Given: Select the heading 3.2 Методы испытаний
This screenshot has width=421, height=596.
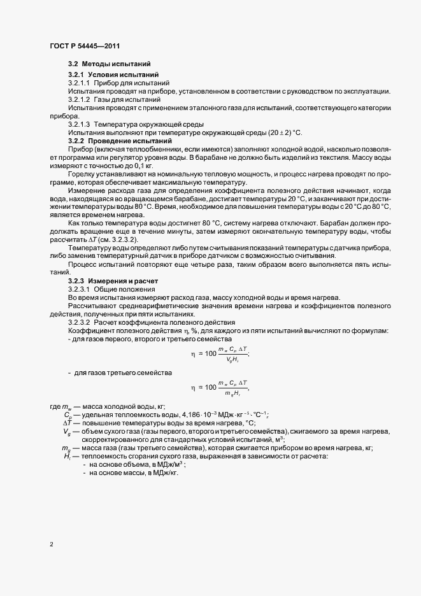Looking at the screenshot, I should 109,64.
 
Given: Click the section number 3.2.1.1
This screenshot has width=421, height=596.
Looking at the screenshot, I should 80,83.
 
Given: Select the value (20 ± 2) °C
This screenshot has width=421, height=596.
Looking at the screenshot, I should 275,132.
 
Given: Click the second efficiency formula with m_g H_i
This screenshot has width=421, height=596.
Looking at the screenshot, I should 220,387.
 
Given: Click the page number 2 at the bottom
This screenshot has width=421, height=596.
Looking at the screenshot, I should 51,545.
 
